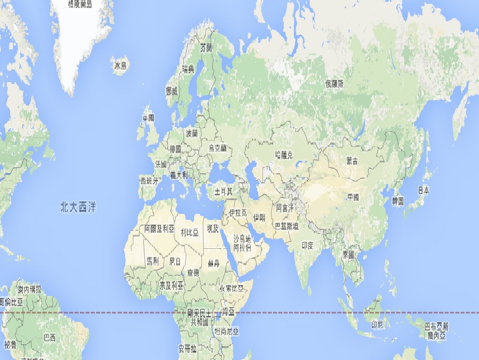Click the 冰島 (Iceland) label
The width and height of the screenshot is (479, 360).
click(x=120, y=65)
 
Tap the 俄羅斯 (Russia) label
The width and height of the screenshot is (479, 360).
click(x=335, y=84)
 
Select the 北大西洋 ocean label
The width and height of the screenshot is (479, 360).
click(x=78, y=207)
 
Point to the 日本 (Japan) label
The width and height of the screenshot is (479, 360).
click(x=423, y=190)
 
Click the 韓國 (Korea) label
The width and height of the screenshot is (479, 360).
click(x=398, y=201)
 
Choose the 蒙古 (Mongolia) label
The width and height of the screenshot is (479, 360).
click(x=352, y=161)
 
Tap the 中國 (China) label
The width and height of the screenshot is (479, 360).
click(x=353, y=197)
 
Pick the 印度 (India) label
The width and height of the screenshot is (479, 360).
click(x=308, y=246)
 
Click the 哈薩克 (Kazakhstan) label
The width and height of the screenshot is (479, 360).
click(x=284, y=155)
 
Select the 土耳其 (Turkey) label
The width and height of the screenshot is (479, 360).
click(x=224, y=191)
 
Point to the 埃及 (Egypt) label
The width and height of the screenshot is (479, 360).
click(x=213, y=228)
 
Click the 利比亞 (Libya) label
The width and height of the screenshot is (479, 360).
click(x=189, y=232)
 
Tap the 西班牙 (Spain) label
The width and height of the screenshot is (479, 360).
click(x=150, y=181)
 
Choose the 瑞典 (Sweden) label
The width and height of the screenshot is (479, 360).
click(x=188, y=69)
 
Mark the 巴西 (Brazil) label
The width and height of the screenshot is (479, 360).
click(x=49, y=337)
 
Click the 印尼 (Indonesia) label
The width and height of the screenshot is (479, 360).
click(x=377, y=325)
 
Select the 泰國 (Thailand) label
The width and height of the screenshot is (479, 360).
click(x=348, y=254)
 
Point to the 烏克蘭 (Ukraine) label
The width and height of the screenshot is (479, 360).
click(x=218, y=148)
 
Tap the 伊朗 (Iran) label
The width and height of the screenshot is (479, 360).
click(x=259, y=217)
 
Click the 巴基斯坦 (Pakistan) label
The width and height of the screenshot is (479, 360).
click(x=286, y=226)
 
